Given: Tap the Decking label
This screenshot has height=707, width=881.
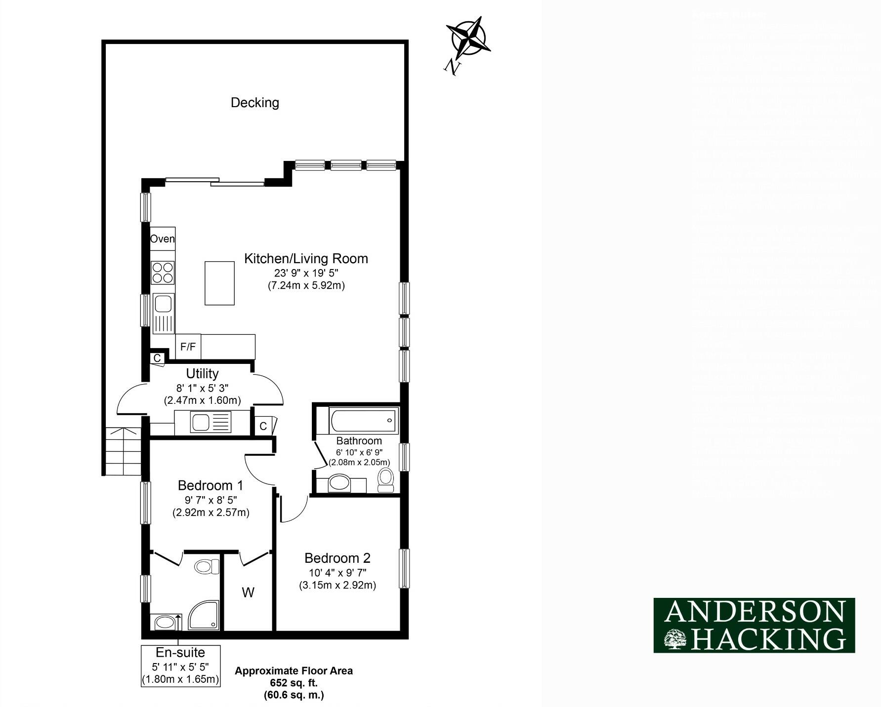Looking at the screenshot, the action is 255,103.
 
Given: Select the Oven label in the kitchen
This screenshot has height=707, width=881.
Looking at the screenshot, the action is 162,239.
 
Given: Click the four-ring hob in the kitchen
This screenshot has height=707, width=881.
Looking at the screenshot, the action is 163,273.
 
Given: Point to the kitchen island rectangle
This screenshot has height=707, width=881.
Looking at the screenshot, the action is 219,283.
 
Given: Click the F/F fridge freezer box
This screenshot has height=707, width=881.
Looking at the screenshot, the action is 188,347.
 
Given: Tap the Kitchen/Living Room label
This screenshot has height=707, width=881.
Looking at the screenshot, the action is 306,259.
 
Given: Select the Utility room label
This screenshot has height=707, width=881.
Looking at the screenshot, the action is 202,374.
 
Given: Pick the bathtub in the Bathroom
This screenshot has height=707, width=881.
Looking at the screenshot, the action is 364,421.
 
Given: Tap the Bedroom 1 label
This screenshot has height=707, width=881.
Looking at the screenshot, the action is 210,485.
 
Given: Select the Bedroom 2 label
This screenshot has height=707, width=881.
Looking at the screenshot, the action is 337,558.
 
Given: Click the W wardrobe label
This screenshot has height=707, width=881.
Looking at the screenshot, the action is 248,592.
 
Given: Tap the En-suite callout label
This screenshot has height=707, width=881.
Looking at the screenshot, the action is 180,653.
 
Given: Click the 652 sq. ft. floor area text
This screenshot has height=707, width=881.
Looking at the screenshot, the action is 294,683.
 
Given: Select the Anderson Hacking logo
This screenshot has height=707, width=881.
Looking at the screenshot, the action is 754,625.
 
